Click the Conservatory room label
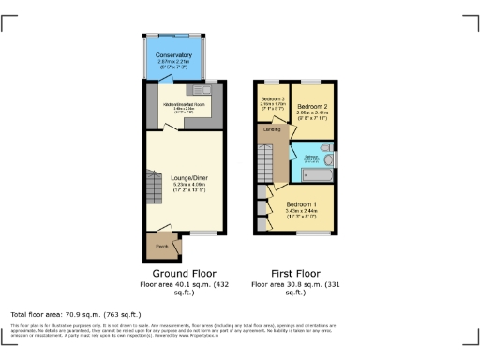(173, 55)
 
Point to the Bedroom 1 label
(302, 203)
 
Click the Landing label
(272, 129)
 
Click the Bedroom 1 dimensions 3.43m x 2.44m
(302, 212)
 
